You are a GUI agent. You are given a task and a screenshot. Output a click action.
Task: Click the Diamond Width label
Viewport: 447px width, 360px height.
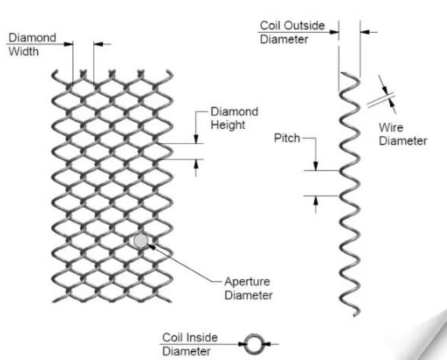point(32,45)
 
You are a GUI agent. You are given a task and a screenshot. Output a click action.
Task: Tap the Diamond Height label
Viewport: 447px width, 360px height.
point(235,118)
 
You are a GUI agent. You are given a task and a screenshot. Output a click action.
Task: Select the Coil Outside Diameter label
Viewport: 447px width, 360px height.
point(292,32)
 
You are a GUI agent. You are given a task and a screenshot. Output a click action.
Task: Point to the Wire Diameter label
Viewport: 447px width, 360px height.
point(403,134)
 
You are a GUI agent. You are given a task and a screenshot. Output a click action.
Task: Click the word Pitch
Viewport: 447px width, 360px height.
point(287,138)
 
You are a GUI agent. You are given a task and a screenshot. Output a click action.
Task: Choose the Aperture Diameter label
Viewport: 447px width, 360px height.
point(248,289)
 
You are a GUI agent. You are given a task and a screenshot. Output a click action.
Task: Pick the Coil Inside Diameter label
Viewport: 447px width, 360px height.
point(190,344)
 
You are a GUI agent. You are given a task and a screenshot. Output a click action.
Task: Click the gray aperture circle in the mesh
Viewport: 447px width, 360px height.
point(140,241)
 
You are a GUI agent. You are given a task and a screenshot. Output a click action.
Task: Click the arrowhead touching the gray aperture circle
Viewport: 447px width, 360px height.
point(151,247)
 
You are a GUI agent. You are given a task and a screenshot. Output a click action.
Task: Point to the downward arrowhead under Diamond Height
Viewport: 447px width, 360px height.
point(196,139)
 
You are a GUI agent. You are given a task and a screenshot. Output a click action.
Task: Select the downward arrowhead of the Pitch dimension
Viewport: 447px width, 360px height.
point(316,166)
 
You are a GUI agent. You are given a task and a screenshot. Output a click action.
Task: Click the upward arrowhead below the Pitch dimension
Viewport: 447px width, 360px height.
point(315,201)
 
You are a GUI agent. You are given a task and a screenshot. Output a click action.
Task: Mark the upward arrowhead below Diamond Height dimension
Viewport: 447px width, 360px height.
point(196,164)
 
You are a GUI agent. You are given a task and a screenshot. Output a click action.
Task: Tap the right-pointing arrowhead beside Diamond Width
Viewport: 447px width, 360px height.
point(68,44)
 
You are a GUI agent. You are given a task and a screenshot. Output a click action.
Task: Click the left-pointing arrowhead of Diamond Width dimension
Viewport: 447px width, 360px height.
point(98,44)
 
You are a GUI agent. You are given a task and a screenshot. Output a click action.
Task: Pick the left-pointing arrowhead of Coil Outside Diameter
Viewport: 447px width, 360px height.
point(365,32)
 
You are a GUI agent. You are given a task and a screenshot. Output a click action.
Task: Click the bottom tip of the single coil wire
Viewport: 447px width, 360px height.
point(355,315)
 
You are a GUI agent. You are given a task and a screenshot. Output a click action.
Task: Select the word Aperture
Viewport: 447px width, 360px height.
point(247,282)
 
